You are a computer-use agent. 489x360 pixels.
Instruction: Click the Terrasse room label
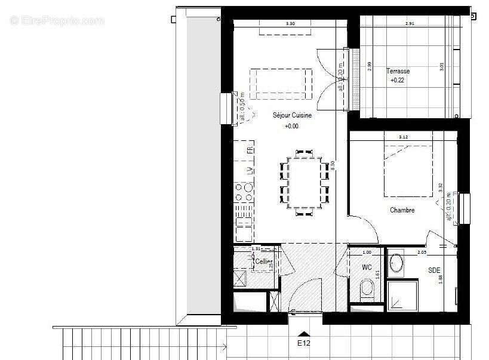click(398, 70)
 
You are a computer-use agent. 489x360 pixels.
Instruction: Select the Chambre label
click(402, 210)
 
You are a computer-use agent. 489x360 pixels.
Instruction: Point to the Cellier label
click(264, 261)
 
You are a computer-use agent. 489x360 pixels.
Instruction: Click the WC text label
click(367, 267)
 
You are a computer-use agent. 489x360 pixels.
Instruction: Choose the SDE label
click(434, 270)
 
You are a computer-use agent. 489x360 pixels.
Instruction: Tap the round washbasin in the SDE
click(395, 263)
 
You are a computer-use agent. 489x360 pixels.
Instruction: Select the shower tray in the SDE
click(404, 296)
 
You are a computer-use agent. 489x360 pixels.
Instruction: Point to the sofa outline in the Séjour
click(281, 84)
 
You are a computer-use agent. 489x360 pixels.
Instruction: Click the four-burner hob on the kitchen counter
click(243, 192)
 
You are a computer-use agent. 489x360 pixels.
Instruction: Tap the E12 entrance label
click(305, 343)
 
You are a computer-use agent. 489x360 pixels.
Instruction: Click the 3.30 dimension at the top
click(290, 24)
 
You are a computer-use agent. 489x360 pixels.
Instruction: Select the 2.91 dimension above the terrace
click(410, 24)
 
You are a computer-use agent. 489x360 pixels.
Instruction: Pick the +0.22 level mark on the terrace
click(398, 80)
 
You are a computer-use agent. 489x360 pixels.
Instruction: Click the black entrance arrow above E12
click(305, 333)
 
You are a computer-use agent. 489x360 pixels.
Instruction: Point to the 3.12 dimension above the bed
click(404, 137)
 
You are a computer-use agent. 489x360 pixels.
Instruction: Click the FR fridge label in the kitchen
click(250, 149)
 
